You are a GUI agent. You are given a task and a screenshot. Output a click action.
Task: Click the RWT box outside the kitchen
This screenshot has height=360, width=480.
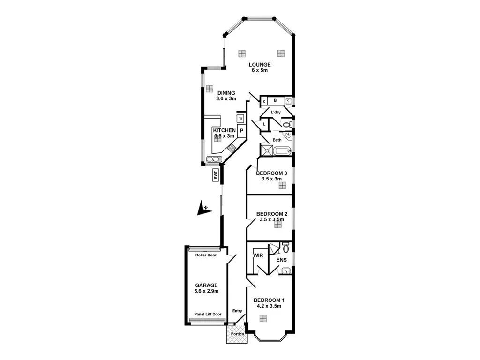(216, 176)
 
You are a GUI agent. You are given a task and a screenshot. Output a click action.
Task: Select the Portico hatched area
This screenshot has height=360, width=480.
(236, 334)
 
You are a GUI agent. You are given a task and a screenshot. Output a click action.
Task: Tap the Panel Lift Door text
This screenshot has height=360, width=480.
(207, 315)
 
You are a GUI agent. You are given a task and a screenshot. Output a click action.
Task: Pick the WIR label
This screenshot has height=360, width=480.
(258, 256)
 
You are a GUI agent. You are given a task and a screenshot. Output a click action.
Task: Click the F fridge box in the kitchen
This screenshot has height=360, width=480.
(240, 119)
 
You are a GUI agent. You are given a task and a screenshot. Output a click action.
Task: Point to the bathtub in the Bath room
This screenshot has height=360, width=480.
(282, 151)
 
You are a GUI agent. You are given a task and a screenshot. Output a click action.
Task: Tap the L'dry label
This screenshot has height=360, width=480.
(276, 112)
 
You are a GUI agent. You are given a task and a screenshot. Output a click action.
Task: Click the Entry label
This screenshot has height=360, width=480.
(237, 311)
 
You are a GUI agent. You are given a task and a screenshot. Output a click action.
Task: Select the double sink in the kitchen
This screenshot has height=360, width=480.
(213, 159)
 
